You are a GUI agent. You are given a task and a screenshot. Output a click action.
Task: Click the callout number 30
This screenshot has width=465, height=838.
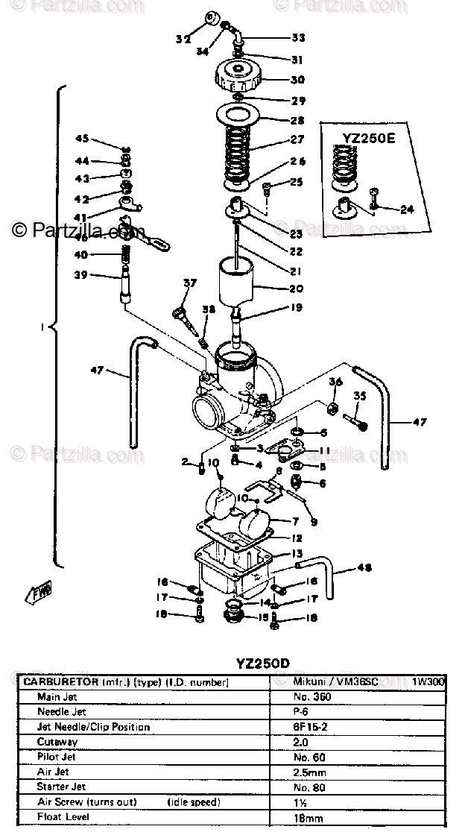pyautogui.click(x=297, y=81)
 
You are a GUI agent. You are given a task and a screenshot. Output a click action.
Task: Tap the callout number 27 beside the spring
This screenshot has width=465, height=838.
pyautogui.click(x=297, y=139)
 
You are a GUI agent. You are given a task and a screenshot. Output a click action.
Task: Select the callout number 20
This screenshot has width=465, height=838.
pyautogui.click(x=297, y=289)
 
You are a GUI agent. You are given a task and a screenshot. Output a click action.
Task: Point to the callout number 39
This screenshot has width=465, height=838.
pyautogui.click(x=80, y=275)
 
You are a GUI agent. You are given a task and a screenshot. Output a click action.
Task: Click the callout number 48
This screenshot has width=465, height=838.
pyautogui.click(x=363, y=567)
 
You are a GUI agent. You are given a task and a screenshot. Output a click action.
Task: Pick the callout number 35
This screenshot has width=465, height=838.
pyautogui.click(x=360, y=396)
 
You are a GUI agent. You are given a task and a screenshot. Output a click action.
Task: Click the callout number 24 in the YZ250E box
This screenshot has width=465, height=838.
pyautogui.click(x=406, y=209)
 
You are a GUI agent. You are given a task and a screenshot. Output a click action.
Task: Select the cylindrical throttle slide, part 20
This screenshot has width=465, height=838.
pyautogui.click(x=236, y=283)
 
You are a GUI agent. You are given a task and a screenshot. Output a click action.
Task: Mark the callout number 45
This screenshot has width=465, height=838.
pyautogui.click(x=82, y=139)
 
